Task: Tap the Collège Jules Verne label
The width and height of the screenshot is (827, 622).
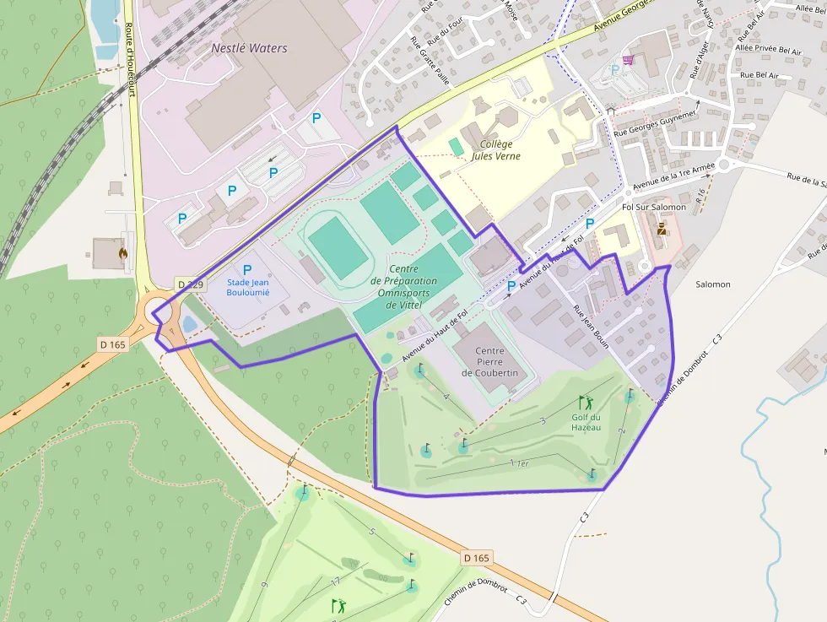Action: click(495, 149)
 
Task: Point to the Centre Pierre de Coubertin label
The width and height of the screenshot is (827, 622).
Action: click(489, 361)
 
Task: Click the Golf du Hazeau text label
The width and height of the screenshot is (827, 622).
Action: click(586, 422)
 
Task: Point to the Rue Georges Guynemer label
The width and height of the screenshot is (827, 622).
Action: click(656, 122)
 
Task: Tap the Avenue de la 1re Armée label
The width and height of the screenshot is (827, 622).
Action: click(673, 176)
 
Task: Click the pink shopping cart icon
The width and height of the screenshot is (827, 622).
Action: click(628, 60)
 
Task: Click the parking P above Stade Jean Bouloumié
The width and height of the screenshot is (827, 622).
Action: click(247, 270)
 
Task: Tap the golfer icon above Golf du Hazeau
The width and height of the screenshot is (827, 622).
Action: click(586, 403)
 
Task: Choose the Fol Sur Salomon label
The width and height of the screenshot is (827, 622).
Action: click(653, 207)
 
